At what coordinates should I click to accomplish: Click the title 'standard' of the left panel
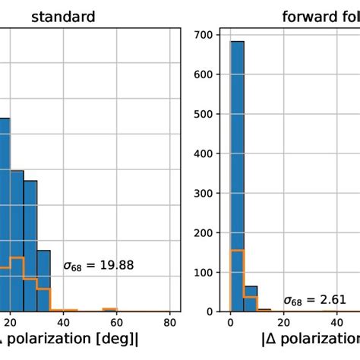(x=63, y=15)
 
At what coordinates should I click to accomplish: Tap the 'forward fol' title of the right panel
(x=319, y=15)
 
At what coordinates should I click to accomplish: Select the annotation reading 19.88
(x=94, y=266)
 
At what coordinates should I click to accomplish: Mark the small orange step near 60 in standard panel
(x=110, y=309)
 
